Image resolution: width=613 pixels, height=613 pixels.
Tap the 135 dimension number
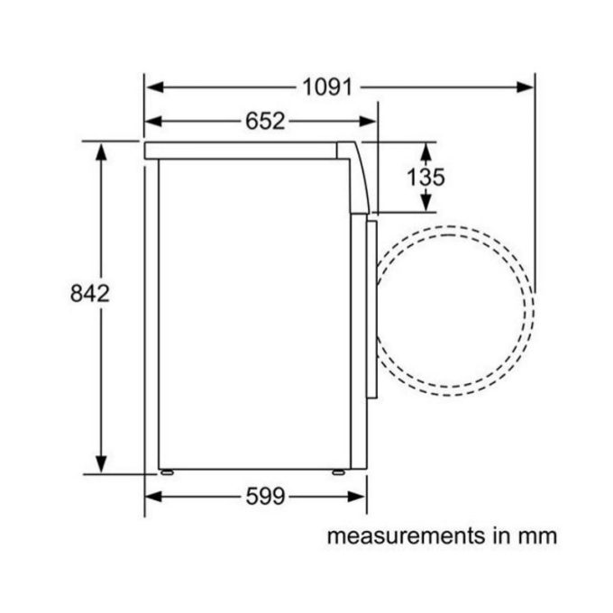coord(425,177)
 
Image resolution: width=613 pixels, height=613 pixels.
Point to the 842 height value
coord(89,292)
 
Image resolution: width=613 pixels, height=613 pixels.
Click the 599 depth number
coord(264,495)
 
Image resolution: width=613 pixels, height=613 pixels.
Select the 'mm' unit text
coord(539,536)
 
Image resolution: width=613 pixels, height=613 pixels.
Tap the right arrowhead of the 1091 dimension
coord(526,87)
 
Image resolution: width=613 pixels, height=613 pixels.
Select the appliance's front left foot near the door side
coord(337,471)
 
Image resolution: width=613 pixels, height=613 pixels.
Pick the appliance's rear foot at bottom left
coord(166,471)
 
